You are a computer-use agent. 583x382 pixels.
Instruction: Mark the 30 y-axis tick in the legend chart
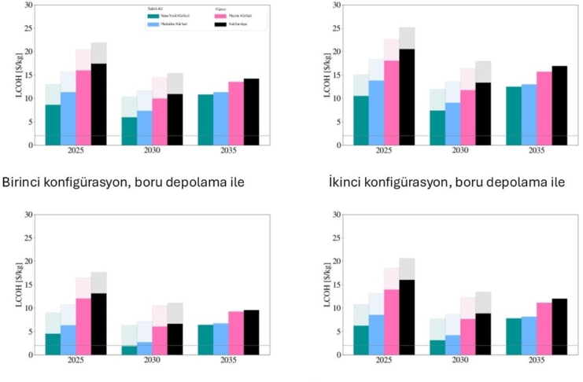click(x=29, y=5)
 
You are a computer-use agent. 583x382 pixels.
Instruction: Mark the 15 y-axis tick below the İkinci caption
click(x=327, y=285)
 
